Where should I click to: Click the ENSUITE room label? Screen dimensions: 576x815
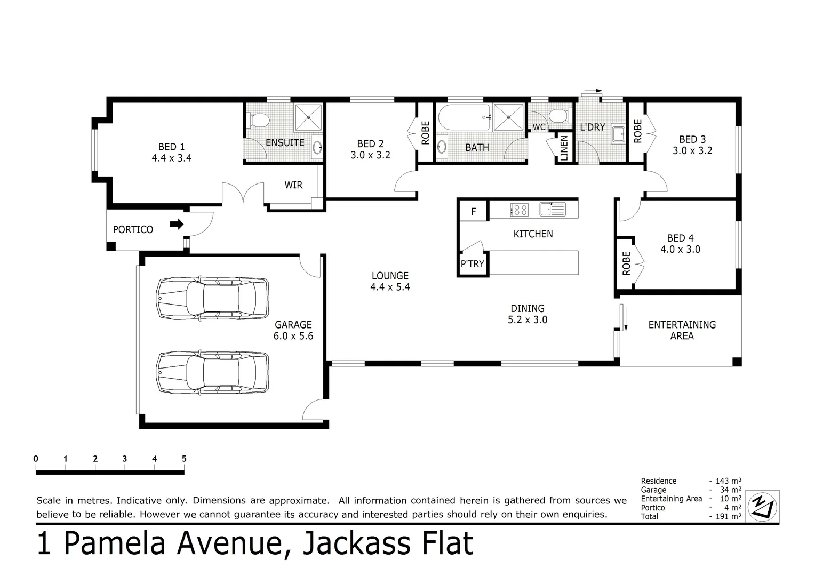285,143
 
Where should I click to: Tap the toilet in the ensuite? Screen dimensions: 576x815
258,121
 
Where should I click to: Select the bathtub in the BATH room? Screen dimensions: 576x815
464,117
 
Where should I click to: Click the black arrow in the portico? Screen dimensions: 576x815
177,225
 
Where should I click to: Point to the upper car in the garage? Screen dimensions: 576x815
212,298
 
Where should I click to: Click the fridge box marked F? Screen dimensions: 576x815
473,212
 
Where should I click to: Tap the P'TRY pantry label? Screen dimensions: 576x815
472,264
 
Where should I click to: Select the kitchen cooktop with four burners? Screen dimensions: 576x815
519,210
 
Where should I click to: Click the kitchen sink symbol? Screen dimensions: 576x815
552,209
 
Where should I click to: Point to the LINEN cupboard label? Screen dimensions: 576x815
564,148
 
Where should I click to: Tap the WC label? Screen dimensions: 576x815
539,127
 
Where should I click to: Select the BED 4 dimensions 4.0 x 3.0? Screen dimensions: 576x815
680,250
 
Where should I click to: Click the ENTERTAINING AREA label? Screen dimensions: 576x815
682,330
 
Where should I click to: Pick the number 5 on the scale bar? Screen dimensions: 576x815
184,459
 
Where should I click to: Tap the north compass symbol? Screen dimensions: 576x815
763,506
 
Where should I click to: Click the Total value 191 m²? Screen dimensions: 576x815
728,517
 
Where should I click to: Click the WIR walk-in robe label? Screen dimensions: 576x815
293,185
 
